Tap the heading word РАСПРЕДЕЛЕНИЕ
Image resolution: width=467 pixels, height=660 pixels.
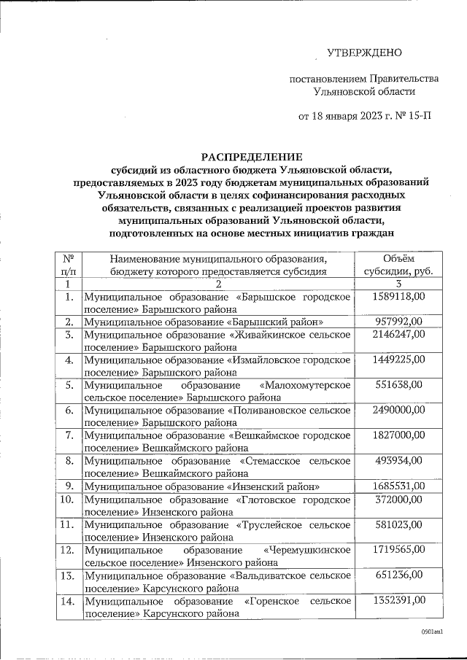[x=252, y=156]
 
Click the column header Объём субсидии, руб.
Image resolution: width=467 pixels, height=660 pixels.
[x=398, y=265]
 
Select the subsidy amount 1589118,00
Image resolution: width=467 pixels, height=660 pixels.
[x=398, y=297]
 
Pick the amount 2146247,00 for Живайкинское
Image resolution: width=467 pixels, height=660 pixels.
[x=398, y=335]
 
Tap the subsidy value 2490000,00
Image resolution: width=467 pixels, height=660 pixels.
[x=398, y=411]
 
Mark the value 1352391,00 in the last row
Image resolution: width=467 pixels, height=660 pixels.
[x=398, y=600]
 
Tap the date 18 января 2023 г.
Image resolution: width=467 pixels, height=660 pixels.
[x=341, y=116]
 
